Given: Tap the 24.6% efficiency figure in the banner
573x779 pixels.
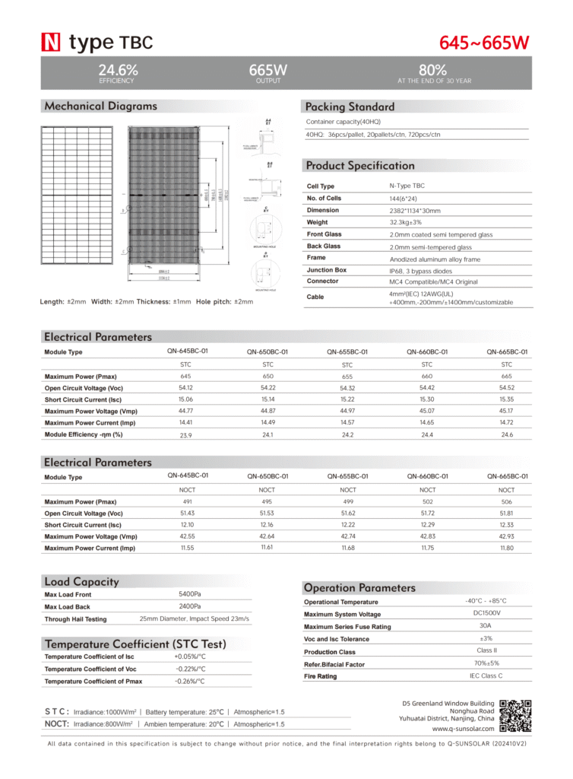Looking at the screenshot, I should [117, 70].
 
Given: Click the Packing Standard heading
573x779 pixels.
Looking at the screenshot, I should [349, 107].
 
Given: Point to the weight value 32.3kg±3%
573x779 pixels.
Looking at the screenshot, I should [405, 222].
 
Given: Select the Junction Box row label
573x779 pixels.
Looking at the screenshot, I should [326, 270].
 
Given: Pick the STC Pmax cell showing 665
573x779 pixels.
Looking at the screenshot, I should [506, 377].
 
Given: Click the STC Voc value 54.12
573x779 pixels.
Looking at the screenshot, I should [185, 388].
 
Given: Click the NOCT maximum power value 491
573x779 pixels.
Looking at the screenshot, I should [185, 502].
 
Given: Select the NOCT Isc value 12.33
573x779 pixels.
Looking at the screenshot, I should [506, 525].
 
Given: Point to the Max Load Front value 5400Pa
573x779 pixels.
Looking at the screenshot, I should [189, 593].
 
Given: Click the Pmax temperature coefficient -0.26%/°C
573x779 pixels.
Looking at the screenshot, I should [190, 681].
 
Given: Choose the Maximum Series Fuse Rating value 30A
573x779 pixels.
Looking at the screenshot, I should [485, 626].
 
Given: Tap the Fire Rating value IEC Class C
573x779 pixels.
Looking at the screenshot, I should [486, 675].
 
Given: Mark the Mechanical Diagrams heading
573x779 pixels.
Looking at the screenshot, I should [100, 107].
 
